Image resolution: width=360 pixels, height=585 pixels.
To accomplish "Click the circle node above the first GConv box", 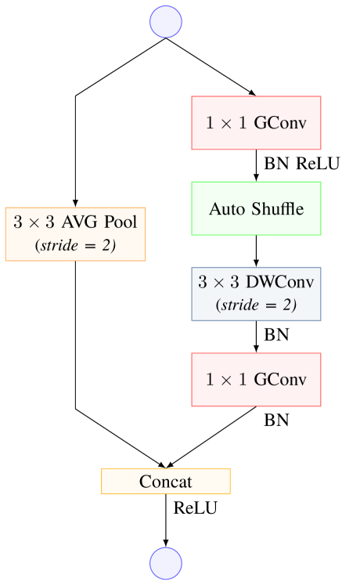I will pyautogui.click(x=166, y=22).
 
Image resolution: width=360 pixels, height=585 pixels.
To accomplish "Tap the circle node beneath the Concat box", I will pyautogui.click(x=166, y=562).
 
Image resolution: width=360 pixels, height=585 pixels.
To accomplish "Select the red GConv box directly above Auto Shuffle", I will pyautogui.click(x=256, y=123).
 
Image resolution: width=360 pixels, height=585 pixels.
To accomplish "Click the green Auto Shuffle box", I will pyautogui.click(x=256, y=208).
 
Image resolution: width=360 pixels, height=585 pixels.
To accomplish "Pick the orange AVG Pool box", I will pyautogui.click(x=75, y=233).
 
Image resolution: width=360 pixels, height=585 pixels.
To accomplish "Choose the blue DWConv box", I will pyautogui.click(x=256, y=294).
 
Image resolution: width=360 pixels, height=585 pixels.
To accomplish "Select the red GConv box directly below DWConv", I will pyautogui.click(x=256, y=380).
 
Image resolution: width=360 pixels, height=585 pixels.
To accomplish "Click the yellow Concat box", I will pyautogui.click(x=166, y=482).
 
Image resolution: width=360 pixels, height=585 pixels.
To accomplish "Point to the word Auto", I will pyautogui.click(x=225, y=209).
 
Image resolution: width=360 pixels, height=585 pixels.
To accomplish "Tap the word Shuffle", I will pyautogui.click(x=275, y=209).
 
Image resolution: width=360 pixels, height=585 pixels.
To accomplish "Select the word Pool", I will pyautogui.click(x=122, y=222).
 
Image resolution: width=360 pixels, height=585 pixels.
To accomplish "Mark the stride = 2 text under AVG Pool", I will pyautogui.click(x=75, y=245).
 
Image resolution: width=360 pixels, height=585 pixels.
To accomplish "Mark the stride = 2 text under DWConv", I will pyautogui.click(x=256, y=305).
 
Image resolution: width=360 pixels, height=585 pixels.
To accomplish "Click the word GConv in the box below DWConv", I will pyautogui.click(x=280, y=380).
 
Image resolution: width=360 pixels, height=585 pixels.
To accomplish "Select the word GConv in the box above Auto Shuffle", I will pyautogui.click(x=280, y=123).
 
